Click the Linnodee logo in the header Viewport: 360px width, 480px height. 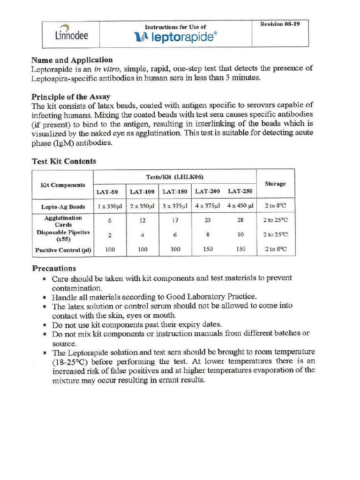(x=71, y=33)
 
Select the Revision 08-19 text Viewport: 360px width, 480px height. (x=280, y=24)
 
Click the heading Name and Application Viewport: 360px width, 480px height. (x=72, y=60)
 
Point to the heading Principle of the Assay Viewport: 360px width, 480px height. (x=71, y=97)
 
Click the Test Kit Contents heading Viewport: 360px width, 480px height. (x=64, y=161)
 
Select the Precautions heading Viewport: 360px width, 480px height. (x=54, y=269)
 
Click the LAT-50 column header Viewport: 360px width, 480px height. (x=107, y=192)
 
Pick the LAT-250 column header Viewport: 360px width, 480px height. (x=240, y=191)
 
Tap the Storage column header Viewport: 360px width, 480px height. (x=275, y=184)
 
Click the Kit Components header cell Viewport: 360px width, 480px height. (x=63, y=185)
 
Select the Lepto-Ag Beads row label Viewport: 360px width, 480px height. (x=63, y=207)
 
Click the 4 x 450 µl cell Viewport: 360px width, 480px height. (x=240, y=206)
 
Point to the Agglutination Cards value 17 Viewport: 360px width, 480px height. (x=175, y=220)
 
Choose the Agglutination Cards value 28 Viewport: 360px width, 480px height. (x=240, y=220)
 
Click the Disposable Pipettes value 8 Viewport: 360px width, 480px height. (x=207, y=235)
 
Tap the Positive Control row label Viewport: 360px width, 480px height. (x=63, y=250)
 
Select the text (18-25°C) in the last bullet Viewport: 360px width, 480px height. (x=70, y=362)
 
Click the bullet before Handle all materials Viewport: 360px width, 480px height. (x=45, y=298)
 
